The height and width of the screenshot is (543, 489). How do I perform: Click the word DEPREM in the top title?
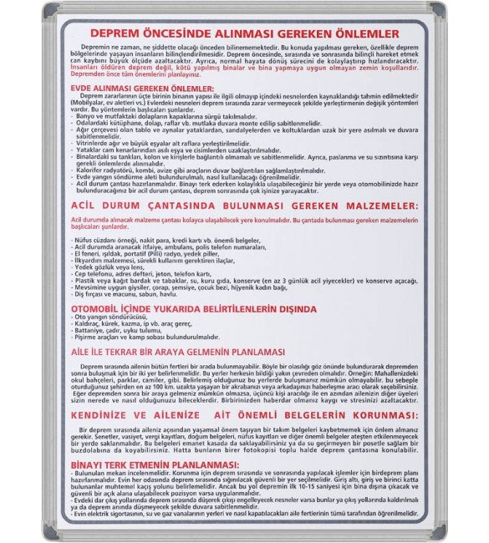coord(120,33)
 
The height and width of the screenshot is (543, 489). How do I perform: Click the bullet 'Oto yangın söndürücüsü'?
coord(116,317)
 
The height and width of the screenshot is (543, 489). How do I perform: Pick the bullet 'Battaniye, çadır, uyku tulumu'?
coord(123,331)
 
